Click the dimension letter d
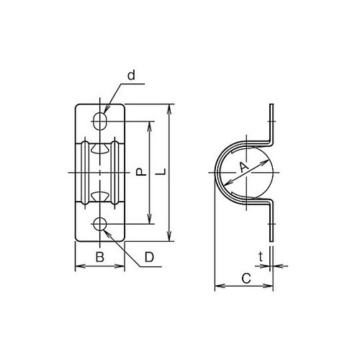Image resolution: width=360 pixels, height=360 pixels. tap(131, 75)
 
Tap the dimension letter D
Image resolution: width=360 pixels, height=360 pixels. tap(149, 257)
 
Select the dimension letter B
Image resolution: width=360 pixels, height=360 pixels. tap(100, 257)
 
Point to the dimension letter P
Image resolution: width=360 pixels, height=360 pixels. tap(141, 172)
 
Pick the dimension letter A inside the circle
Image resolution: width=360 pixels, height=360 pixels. tap(244, 167)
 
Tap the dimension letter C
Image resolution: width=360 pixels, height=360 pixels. tap(246, 279)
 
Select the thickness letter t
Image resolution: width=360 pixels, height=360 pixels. tap(261, 256)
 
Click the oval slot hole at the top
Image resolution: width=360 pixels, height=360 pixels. tap(100, 121)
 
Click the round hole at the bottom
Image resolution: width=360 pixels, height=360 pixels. tap(100, 224)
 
